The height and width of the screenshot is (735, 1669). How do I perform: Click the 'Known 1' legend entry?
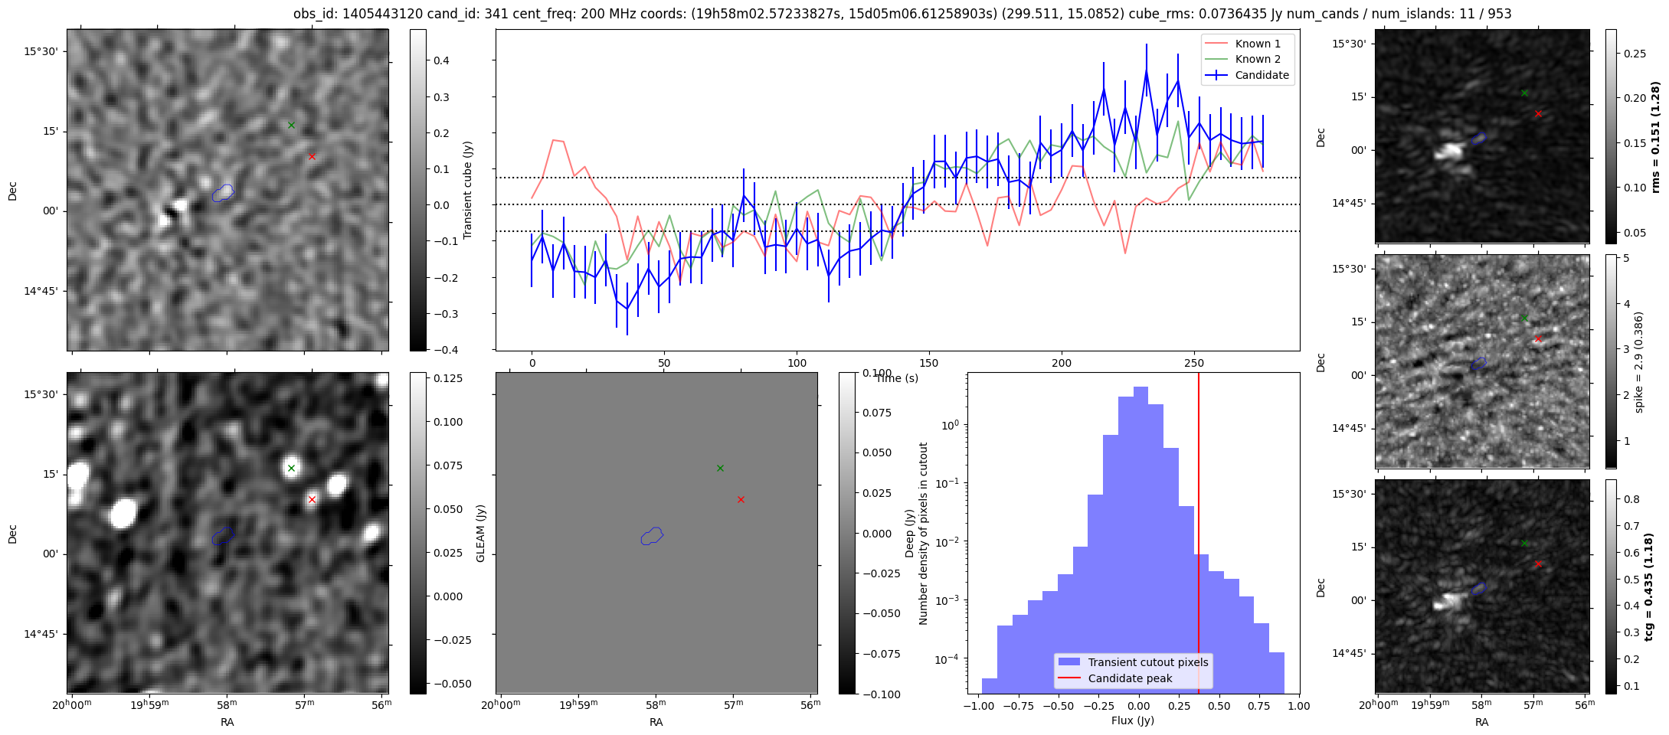[x=1248, y=44]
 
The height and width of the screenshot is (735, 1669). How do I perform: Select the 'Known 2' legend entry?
[x=1248, y=59]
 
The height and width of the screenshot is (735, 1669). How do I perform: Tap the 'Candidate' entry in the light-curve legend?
[x=1248, y=75]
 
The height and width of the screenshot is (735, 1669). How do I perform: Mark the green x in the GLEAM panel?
[x=720, y=468]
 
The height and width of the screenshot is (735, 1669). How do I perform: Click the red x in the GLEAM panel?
[x=741, y=499]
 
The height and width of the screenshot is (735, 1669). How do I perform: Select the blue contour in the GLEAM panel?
[x=653, y=536]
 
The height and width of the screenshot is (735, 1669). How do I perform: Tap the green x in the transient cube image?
[x=291, y=125]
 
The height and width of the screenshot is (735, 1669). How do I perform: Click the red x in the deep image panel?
[x=312, y=499]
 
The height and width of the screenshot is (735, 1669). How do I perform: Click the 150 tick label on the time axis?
[x=929, y=363]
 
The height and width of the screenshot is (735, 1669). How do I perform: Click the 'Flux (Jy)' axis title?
[x=1133, y=720]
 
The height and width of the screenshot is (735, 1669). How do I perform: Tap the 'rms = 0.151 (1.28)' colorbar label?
[x=1655, y=137]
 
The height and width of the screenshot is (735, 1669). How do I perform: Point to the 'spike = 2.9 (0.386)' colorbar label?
[x=1639, y=362]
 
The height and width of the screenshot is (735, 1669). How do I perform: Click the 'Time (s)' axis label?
[x=897, y=378]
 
